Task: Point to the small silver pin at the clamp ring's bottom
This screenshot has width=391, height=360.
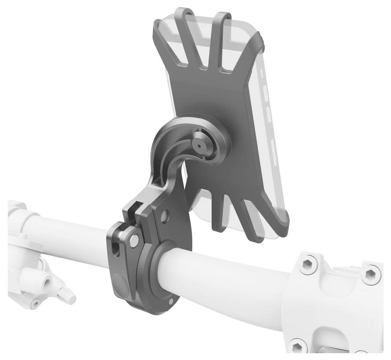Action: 171,301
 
